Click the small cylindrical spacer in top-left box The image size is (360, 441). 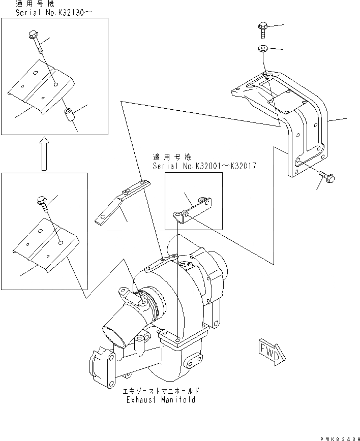tap(69, 115)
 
